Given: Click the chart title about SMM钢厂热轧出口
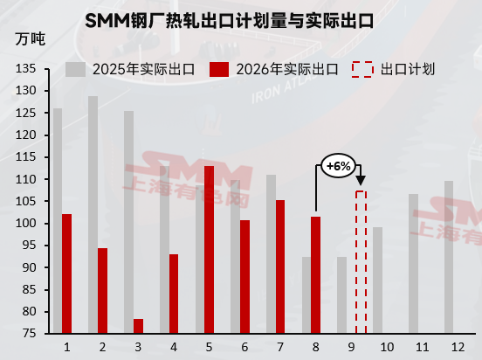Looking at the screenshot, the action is click(x=229, y=21).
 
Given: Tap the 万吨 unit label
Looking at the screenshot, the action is click(x=31, y=39).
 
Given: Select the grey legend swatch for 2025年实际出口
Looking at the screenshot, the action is click(x=75, y=69).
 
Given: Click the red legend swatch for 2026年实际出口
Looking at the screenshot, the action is click(x=219, y=69).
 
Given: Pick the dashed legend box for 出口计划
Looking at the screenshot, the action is click(x=362, y=69).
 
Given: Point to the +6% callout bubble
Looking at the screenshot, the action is click(x=338, y=166).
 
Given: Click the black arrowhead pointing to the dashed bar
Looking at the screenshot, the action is click(x=361, y=181).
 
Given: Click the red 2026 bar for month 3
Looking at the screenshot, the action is click(x=138, y=326).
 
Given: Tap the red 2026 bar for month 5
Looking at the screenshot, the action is click(x=209, y=250).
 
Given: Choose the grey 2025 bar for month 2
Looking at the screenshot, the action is click(x=93, y=215).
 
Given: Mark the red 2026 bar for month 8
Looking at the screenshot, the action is click(x=316, y=275).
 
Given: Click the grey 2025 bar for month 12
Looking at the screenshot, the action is click(x=449, y=257).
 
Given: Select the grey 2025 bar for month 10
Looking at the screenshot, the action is click(x=378, y=280).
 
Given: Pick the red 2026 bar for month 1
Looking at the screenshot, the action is click(x=66, y=273).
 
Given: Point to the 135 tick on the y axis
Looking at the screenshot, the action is click(x=26, y=68).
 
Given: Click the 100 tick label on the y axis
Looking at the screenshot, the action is click(x=26, y=223).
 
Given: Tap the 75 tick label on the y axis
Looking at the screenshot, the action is click(x=30, y=334).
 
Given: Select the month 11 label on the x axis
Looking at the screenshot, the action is click(x=423, y=347).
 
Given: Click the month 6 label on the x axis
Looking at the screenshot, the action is click(x=244, y=347).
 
